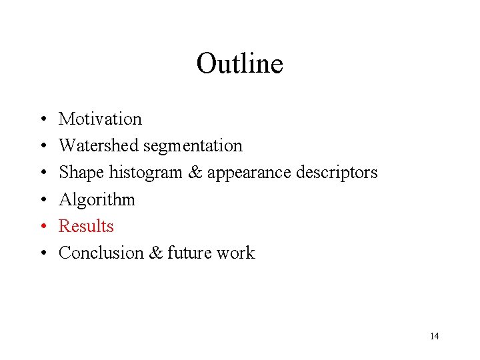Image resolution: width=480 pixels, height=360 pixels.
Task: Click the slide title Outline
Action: point(239,64)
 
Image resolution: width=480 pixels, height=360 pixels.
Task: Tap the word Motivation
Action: point(100,119)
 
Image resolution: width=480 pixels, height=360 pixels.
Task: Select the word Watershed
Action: point(99,146)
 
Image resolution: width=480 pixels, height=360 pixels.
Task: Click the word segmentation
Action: point(193,146)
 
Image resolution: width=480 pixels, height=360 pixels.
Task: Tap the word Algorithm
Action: point(97,199)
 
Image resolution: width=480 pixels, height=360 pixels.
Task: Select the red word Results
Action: point(86,226)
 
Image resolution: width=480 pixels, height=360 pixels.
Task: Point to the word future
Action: point(191,253)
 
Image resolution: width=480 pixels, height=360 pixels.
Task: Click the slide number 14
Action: point(434,336)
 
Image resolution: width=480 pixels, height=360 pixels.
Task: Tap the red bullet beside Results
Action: point(42,227)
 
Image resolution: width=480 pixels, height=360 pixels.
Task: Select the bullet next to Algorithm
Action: point(42,200)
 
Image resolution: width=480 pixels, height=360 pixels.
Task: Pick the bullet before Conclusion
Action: point(42,253)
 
